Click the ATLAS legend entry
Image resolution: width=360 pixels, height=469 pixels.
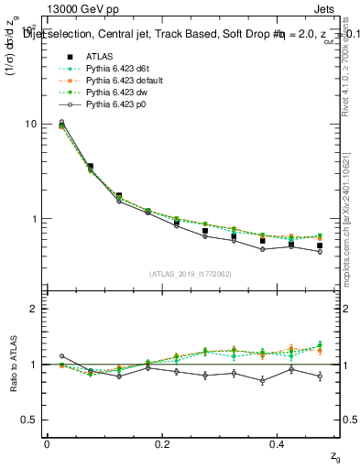tap(99, 56)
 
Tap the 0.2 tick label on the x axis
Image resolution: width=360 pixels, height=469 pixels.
tap(162, 444)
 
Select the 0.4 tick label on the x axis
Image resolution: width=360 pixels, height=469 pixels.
tap(278, 444)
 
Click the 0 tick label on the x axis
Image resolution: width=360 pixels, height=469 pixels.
tap(47, 444)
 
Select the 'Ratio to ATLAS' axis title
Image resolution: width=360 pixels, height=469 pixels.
tap(13, 364)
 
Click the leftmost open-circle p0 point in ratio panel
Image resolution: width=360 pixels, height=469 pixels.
tap(61, 356)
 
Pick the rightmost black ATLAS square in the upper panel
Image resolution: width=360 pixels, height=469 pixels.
tap(320, 245)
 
